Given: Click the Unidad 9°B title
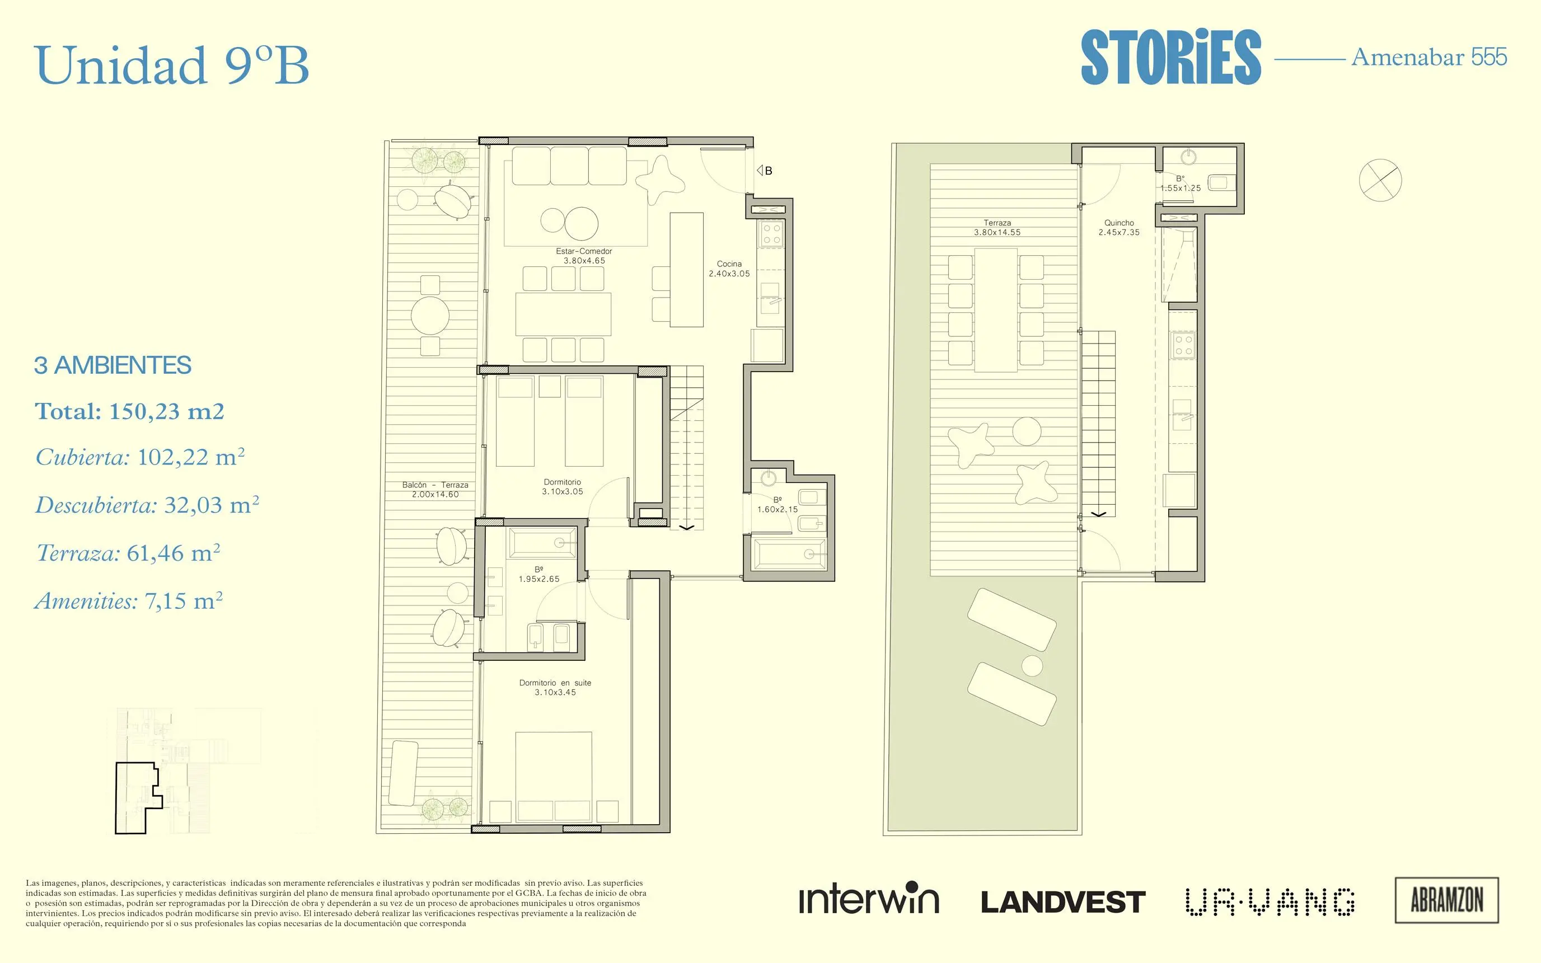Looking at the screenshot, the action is pyautogui.click(x=172, y=65).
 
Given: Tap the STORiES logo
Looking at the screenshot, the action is pyautogui.click(x=1171, y=57).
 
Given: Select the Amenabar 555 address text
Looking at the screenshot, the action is pyautogui.click(x=1429, y=57).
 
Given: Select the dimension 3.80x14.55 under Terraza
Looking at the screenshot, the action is pyautogui.click(x=997, y=232).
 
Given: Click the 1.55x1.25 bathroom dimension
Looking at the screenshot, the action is pyautogui.click(x=1181, y=188).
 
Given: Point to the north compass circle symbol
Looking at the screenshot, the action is pyautogui.click(x=1380, y=180).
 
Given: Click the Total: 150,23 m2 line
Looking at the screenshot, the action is pyautogui.click(x=129, y=411).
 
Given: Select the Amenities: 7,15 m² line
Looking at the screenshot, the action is pyautogui.click(x=129, y=600).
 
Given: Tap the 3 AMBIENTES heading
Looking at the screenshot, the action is pyautogui.click(x=113, y=365).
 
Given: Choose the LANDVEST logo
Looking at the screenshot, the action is pyautogui.click(x=1063, y=903).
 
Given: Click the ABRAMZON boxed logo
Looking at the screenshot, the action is pyautogui.click(x=1447, y=900).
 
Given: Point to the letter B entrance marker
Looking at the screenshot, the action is pyautogui.click(x=769, y=171).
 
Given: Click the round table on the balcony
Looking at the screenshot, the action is pyautogui.click(x=430, y=315).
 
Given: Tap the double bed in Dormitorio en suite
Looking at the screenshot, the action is pyautogui.click(x=554, y=777).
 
